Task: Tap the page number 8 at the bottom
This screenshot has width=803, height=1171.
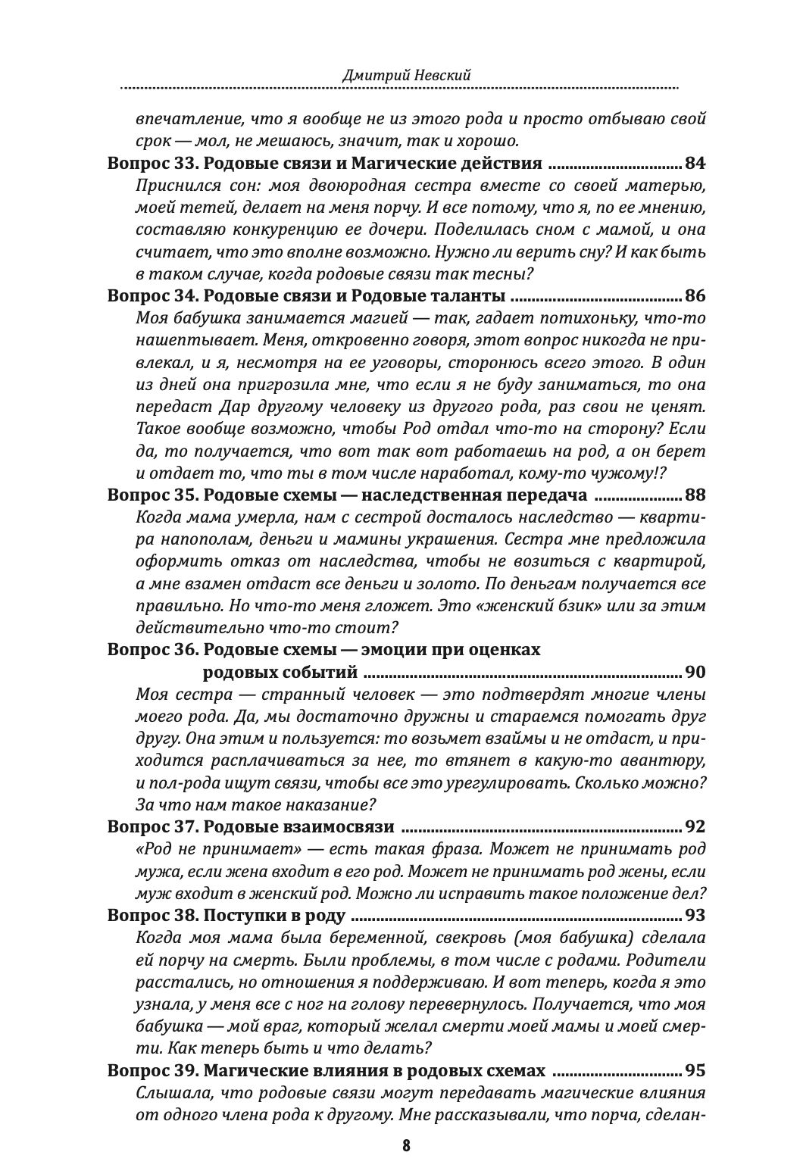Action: click(x=406, y=1145)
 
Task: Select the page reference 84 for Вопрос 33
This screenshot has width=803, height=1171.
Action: click(x=695, y=163)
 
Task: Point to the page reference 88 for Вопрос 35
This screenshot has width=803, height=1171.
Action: click(x=695, y=495)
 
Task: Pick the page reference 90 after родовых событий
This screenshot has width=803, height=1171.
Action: click(x=695, y=672)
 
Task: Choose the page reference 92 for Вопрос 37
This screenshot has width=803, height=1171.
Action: click(x=695, y=826)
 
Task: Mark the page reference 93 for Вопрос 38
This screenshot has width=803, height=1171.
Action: click(x=695, y=916)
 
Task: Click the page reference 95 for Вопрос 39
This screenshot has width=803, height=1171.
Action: click(x=695, y=1070)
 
